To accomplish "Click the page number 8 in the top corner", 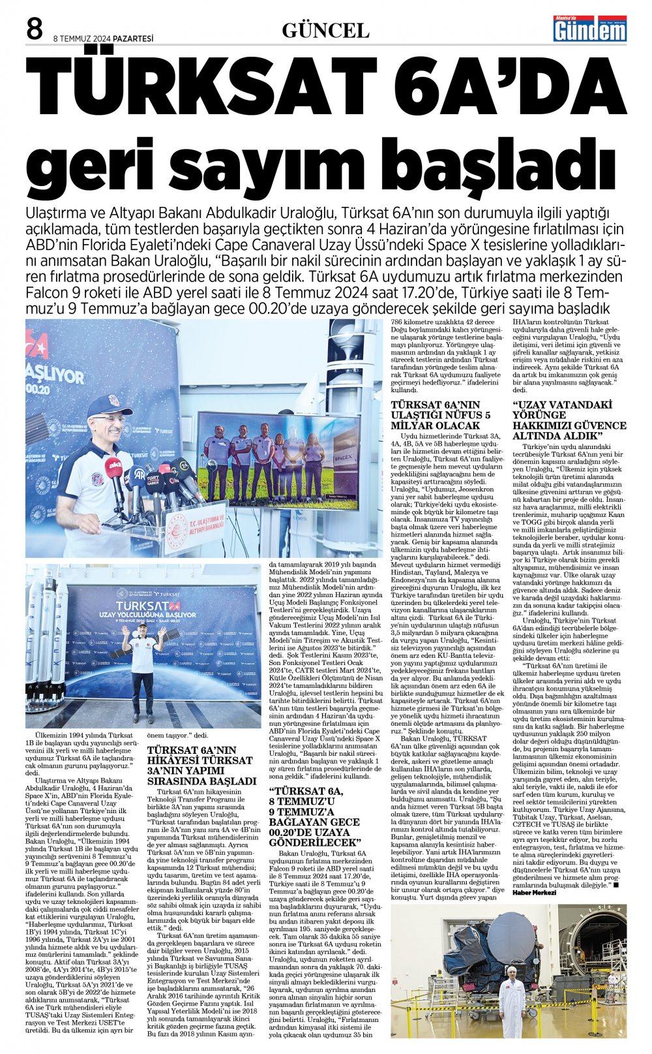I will click(x=35, y=29).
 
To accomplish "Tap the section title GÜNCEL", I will click(x=325, y=30).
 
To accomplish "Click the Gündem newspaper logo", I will click(x=589, y=29).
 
